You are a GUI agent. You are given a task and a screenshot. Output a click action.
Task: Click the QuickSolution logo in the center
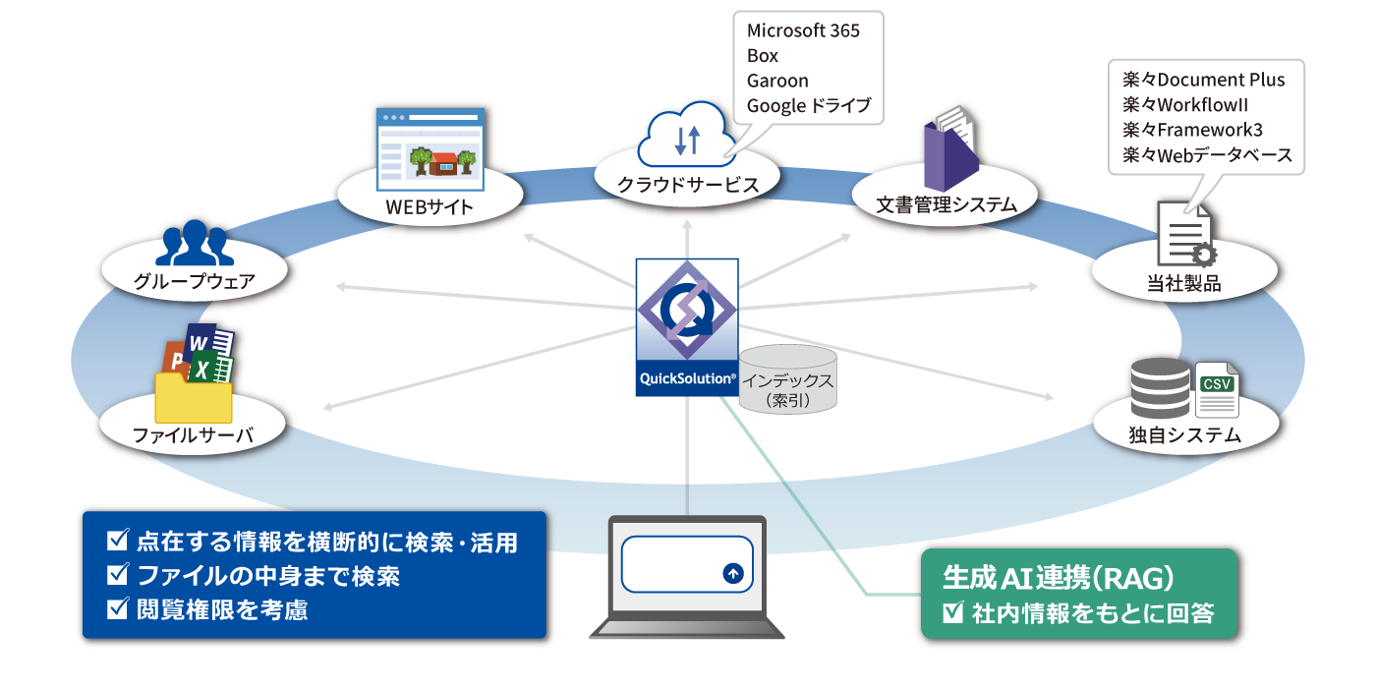686,326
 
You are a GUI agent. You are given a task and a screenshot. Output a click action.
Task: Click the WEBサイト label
430,206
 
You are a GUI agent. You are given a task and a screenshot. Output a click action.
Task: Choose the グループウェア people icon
194,243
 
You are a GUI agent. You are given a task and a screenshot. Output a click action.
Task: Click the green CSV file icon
1217,389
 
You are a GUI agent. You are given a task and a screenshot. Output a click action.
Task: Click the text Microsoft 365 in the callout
803,30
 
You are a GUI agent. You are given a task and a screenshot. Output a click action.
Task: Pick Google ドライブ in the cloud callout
809,106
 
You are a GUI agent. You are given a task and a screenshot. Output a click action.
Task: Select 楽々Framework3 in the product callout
1192,130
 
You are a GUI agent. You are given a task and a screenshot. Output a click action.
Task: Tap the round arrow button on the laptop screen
732,574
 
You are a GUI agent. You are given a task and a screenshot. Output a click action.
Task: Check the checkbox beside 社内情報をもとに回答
951,614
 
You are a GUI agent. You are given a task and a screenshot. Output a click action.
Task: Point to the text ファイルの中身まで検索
268,576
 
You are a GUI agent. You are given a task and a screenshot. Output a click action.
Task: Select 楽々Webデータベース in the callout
1207,155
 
